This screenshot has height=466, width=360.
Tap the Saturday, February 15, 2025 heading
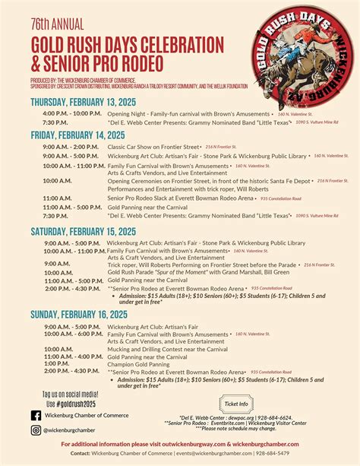coord(84,231)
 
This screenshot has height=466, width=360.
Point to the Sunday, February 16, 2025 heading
coord(79,313)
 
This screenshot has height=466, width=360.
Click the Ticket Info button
coord(237,403)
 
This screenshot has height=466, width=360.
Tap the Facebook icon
coord(36,415)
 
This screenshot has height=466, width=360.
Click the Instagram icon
coord(36,430)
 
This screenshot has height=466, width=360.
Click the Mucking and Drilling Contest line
coord(167,349)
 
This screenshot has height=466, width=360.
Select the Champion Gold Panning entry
coord(139,363)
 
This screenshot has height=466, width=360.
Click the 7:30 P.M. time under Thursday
coord(55,122)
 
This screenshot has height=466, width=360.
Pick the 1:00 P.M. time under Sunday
coord(57,363)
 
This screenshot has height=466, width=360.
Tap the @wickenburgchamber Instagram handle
coord(69,430)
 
